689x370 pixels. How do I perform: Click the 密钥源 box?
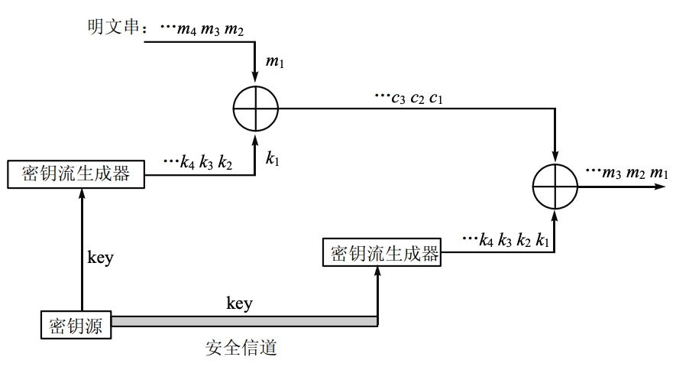pos(76,325)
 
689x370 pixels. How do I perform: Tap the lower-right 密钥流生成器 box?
pos(386,253)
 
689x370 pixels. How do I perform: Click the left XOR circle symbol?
pos(256,109)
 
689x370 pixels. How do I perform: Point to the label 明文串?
pos(115,28)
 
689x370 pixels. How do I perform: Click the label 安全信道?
pos(241,349)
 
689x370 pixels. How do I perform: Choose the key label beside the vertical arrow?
pos(100,257)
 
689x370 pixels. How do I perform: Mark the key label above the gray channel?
pos(239,303)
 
